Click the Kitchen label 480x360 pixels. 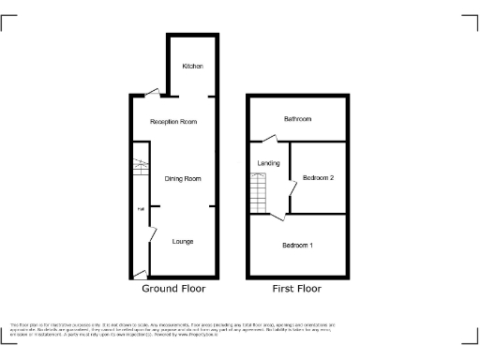192,67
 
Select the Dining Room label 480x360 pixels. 183,178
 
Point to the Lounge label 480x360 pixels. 183,241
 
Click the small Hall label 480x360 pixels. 142,208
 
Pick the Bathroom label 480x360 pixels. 298,119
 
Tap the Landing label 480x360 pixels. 269,163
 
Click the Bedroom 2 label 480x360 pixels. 319,178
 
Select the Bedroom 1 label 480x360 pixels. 298,245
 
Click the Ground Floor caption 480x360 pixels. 173,290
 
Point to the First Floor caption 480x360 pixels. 298,290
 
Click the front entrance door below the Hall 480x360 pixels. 140,274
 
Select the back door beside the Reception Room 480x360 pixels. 152,92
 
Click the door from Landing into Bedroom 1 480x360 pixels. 279,217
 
